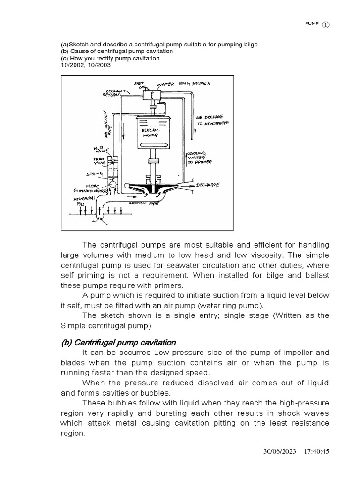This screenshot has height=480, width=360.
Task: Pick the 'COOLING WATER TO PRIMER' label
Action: (x=201, y=158)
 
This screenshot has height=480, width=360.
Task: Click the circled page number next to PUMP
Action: (x=326, y=26)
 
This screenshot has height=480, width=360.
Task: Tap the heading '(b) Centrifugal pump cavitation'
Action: (x=118, y=342)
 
